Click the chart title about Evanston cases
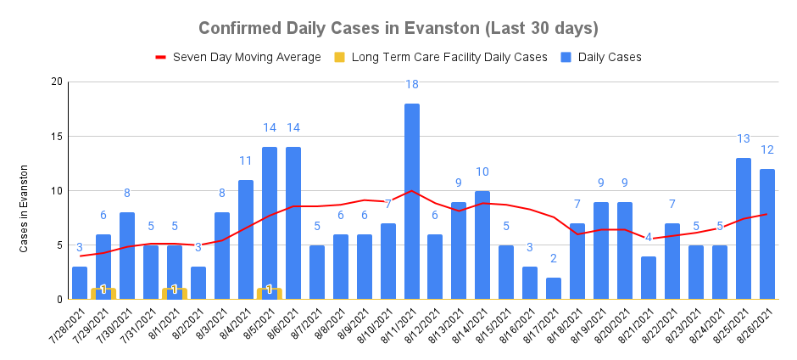click(x=398, y=28)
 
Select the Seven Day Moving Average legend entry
click(x=246, y=57)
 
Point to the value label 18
click(x=411, y=84)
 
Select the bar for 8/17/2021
click(x=554, y=289)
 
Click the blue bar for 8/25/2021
click(x=743, y=228)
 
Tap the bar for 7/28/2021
click(x=80, y=283)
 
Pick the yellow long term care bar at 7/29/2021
click(x=103, y=294)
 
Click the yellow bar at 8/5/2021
click(x=269, y=294)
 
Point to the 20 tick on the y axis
click(x=57, y=82)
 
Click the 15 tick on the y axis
click(x=57, y=136)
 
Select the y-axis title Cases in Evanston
click(x=25, y=208)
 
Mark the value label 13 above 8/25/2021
click(x=743, y=139)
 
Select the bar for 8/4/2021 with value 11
click(x=246, y=239)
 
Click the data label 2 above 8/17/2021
click(x=554, y=259)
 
